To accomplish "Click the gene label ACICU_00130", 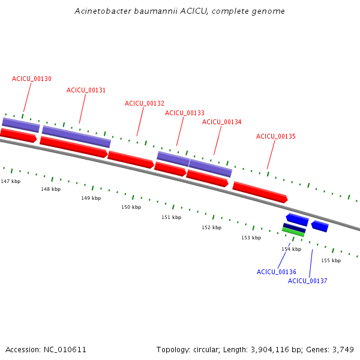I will point(32,79).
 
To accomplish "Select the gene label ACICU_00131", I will point(86,90).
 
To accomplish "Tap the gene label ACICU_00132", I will point(145,103).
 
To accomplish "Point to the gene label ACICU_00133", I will point(185,113).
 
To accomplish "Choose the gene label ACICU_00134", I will point(222,122).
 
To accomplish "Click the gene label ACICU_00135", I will point(276,136).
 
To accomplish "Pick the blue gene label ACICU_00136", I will point(277,272).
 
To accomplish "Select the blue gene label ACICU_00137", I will point(308,281).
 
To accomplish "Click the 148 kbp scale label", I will point(50,189).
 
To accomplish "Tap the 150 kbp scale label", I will point(131,207).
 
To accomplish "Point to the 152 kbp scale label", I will point(211,227).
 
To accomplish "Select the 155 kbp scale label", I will point(331,260).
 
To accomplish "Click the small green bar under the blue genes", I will point(293,232).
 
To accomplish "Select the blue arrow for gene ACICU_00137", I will point(320,226).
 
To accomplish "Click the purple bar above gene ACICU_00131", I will point(76,136).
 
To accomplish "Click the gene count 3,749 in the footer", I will point(342,349).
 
